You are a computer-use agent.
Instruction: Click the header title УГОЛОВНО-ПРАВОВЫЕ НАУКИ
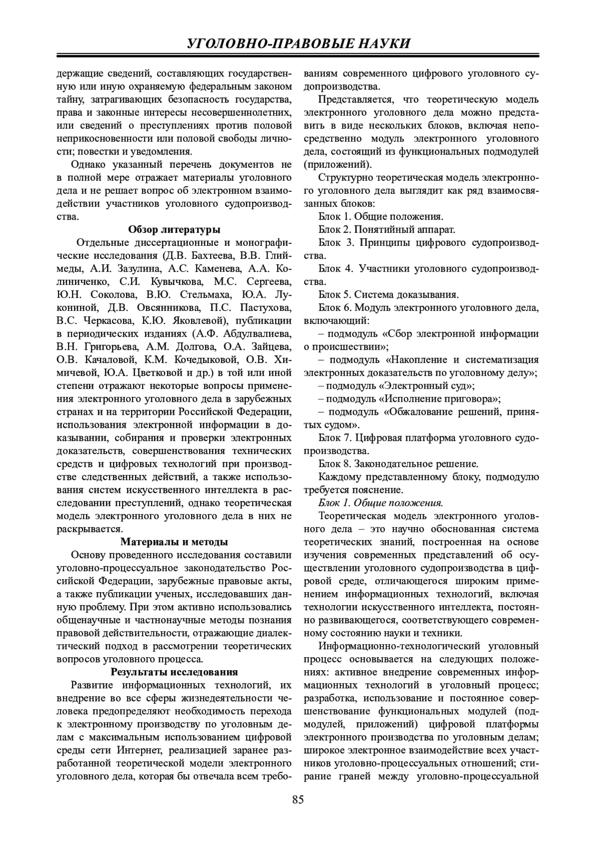(x=298, y=44)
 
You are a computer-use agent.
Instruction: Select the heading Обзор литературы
(x=174, y=230)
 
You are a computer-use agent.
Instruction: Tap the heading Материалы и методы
(x=174, y=541)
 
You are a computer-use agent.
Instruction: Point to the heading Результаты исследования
(x=174, y=672)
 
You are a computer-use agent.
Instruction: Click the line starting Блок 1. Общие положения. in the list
(x=380, y=217)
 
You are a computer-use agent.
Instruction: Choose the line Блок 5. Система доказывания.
(x=388, y=295)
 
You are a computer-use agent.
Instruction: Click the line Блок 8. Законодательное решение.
(x=398, y=464)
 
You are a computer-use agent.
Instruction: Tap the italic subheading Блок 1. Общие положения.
(x=380, y=503)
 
